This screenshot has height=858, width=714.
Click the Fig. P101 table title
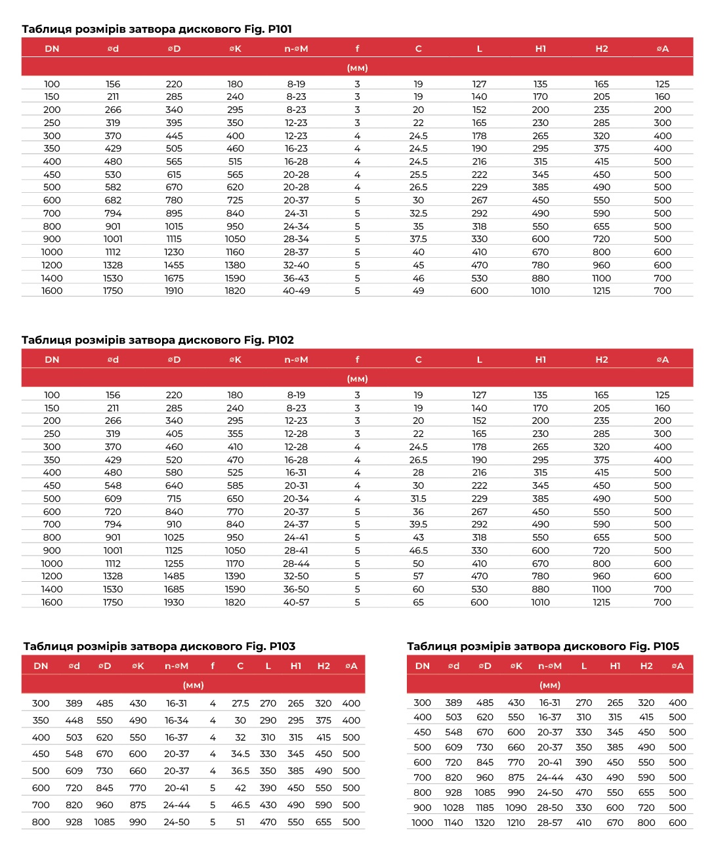(x=156, y=29)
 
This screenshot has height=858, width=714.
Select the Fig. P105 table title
(x=543, y=646)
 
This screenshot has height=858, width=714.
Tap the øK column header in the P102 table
(x=235, y=359)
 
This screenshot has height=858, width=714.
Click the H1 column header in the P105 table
(x=615, y=666)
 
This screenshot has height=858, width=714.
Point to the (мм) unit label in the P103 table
(x=193, y=685)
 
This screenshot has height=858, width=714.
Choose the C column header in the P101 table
(x=418, y=49)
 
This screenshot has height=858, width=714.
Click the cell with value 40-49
(x=296, y=291)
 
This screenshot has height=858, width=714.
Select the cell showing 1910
(x=174, y=291)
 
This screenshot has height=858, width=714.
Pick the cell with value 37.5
(x=418, y=239)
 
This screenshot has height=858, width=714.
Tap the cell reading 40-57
(x=296, y=602)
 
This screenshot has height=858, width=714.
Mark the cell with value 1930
(x=174, y=602)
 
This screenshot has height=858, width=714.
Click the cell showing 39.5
(x=418, y=524)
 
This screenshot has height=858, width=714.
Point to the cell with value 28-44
(x=296, y=563)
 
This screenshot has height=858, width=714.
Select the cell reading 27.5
(x=240, y=703)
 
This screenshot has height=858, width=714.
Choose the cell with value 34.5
(x=240, y=754)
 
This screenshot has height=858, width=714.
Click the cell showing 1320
(x=485, y=823)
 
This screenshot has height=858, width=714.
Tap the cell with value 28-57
(x=550, y=823)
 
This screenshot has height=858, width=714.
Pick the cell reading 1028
(x=453, y=807)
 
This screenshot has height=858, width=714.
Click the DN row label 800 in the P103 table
(x=41, y=822)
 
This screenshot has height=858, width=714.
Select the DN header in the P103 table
(x=41, y=666)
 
